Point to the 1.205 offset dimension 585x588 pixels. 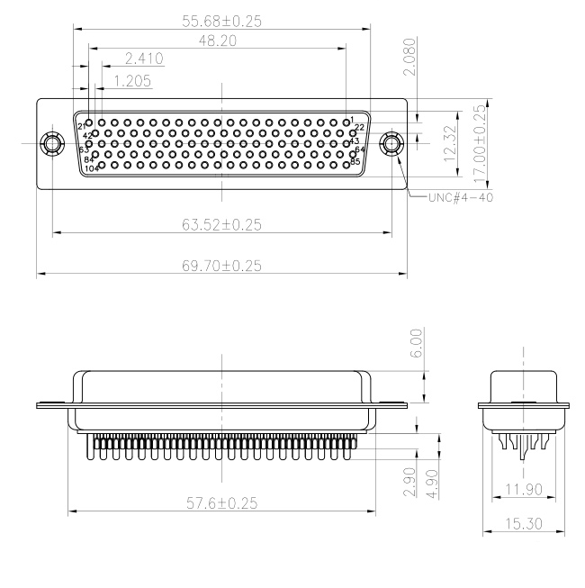point(130,81)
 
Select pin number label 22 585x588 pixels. point(359,128)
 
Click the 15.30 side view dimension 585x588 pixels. point(526,521)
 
